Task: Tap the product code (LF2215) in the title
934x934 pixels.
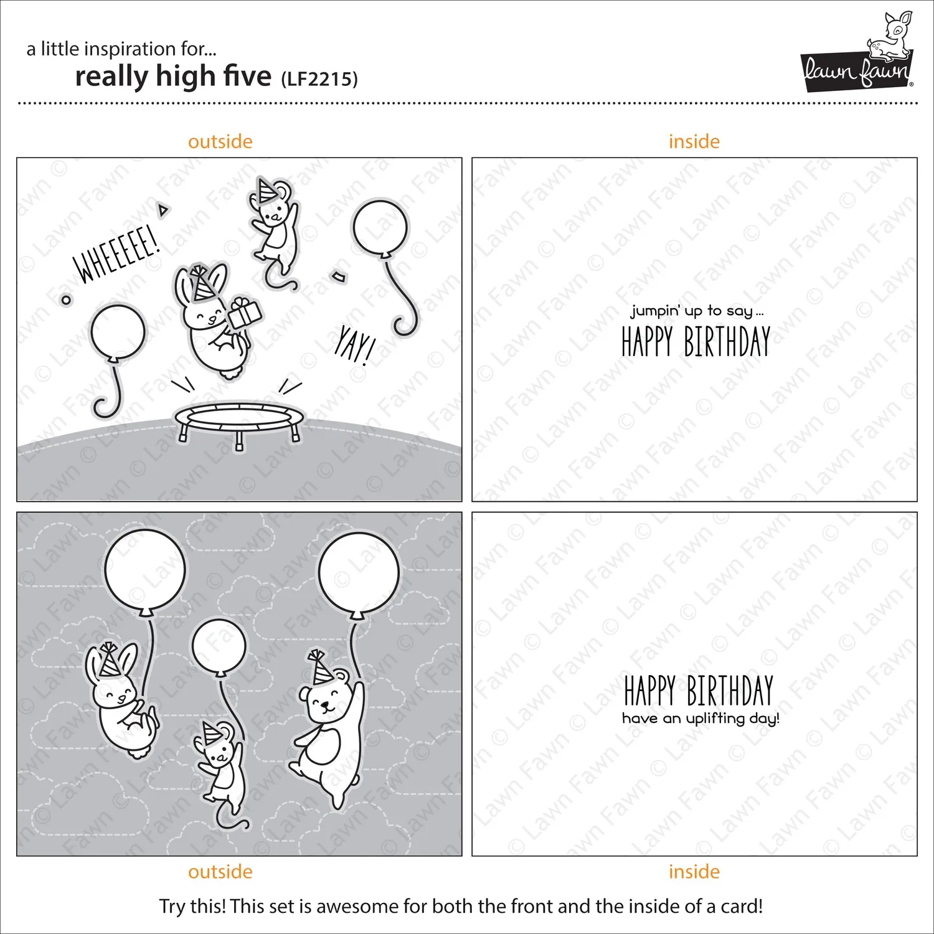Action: coord(319,78)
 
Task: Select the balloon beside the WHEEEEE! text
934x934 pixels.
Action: coord(116,359)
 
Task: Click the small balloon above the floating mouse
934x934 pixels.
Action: coord(219,648)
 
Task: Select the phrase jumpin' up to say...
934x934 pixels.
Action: coord(696,311)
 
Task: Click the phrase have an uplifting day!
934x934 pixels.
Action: coord(700,719)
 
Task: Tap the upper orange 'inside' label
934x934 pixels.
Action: coord(694,141)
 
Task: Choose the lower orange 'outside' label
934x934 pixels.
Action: coord(220,872)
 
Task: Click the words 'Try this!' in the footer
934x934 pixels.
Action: coord(192,906)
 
